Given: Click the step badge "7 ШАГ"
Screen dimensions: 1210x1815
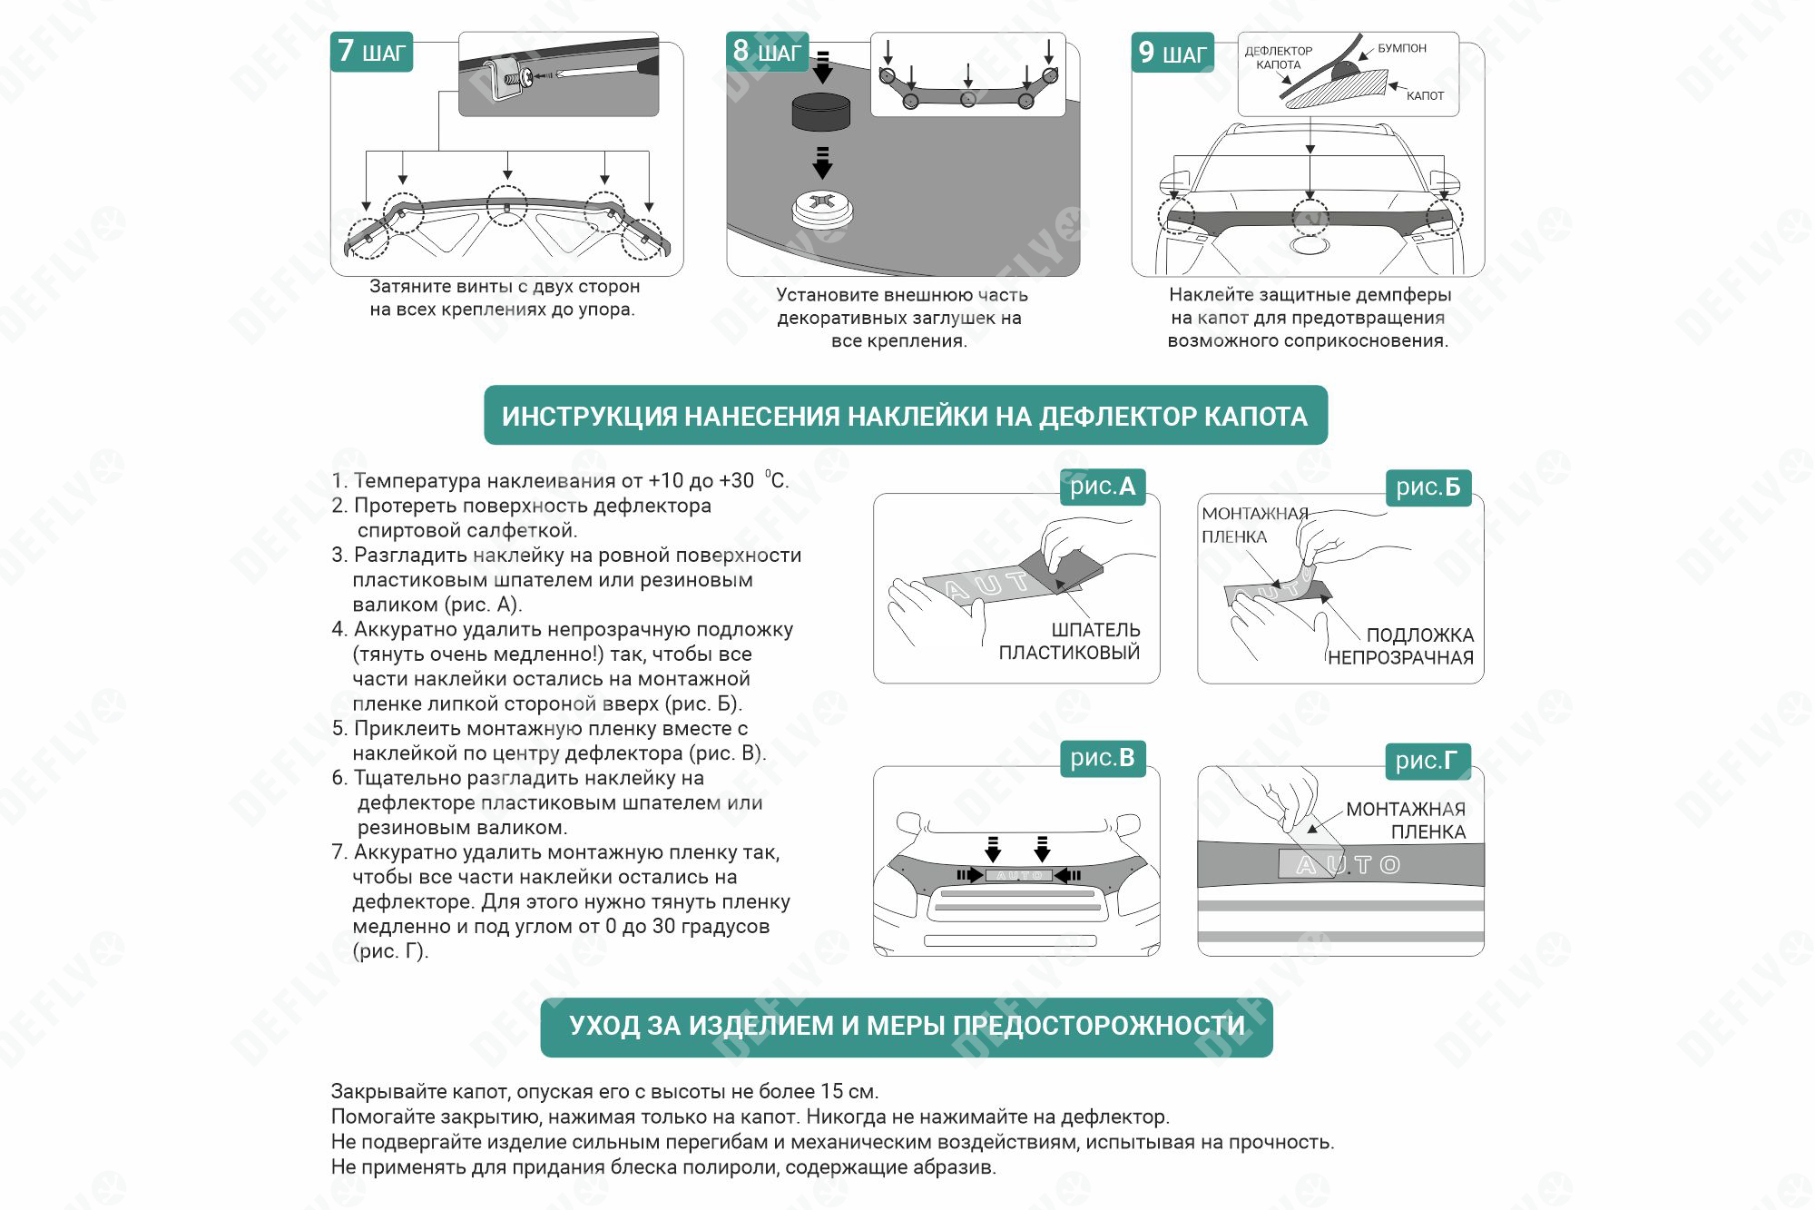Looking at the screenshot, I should click(371, 52).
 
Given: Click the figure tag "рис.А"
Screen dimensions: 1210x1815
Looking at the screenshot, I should click(1103, 487).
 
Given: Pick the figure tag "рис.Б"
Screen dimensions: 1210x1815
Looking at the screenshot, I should click(1427, 487).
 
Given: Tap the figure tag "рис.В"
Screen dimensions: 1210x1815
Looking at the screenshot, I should click(1103, 758).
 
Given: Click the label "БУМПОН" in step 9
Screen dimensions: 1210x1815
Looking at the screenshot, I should click(1402, 48).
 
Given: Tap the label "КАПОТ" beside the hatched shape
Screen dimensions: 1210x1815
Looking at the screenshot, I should click(1425, 95).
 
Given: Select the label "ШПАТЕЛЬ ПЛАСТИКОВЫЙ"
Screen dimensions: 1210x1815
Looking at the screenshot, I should click(1069, 641).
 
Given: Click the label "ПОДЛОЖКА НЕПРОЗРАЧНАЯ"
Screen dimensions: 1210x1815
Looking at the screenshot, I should click(1401, 646).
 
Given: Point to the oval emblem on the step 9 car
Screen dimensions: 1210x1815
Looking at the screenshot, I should click(1309, 245).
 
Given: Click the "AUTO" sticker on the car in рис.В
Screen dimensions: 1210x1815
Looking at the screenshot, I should click(1019, 875).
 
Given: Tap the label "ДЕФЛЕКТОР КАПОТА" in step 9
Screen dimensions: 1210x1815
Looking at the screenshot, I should click(1278, 58).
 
